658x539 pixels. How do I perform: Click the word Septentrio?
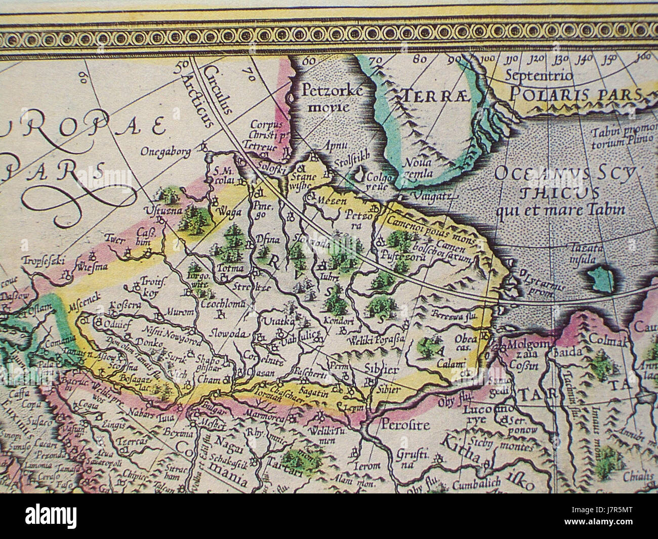click(x=539, y=76)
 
